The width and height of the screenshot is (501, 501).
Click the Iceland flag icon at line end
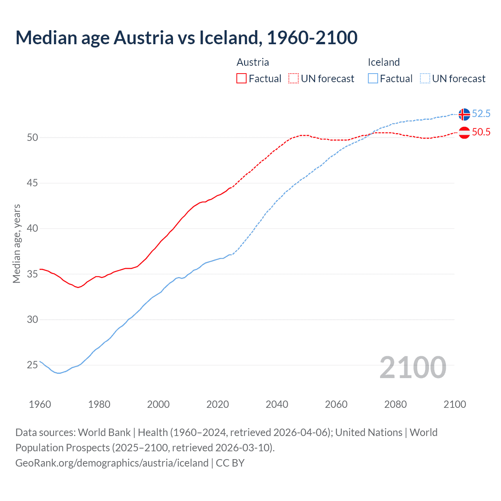464,114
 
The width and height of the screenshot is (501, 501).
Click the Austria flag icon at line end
464,133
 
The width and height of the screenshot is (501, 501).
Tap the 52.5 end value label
481,114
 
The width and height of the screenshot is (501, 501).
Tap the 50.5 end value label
481,132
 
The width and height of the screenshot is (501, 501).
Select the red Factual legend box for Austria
241,79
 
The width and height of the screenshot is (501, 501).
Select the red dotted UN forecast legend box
294,79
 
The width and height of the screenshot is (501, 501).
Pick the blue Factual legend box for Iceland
373,79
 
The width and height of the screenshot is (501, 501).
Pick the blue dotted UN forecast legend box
425,79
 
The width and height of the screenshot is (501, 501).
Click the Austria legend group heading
253,62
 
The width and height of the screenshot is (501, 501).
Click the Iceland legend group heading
384,62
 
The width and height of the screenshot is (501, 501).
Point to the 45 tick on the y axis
32,183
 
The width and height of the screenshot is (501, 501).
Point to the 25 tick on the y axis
32,365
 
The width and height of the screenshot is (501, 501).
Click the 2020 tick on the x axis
218,404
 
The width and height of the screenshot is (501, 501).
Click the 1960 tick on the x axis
40,404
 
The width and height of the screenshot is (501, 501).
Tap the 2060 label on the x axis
336,404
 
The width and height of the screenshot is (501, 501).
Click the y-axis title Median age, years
16,243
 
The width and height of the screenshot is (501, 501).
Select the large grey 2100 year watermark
413,367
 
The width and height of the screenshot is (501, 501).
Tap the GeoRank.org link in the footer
112,463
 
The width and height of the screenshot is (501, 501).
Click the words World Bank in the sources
104,433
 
